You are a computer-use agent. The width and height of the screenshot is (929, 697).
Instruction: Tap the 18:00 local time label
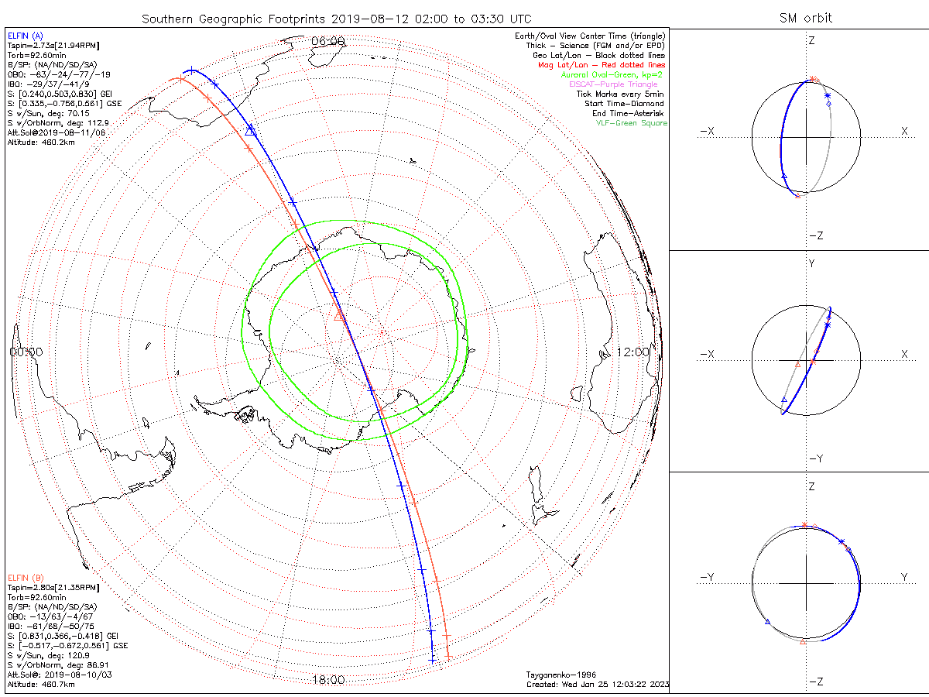327,680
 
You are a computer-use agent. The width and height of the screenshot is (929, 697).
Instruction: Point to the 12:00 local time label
632,352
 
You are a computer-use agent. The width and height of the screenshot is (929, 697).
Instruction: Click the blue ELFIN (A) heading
26,36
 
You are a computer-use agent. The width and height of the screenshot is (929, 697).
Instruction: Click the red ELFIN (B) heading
26,577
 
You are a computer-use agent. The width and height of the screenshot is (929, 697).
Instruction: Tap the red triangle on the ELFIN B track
338,315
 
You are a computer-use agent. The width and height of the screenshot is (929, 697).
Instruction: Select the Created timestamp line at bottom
597,685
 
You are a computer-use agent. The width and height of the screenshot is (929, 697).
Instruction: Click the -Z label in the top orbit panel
815,235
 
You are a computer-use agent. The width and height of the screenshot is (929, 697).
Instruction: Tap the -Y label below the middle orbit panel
815,458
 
